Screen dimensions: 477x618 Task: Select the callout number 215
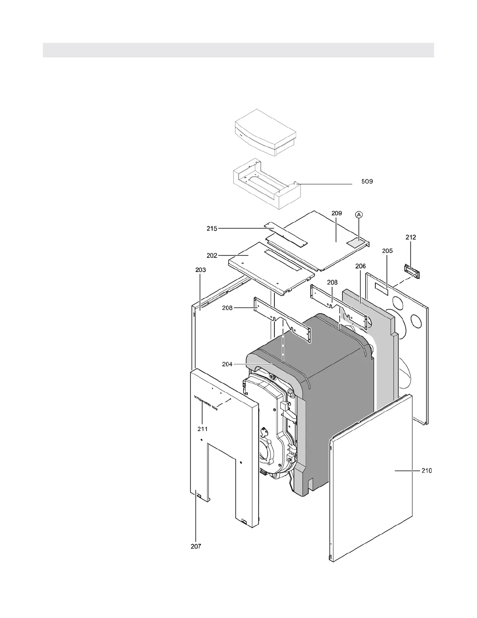click(212, 229)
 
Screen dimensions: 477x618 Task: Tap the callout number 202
click(212, 256)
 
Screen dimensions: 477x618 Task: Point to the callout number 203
click(200, 270)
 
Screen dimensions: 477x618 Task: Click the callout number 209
click(337, 213)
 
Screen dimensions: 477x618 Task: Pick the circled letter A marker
click(359, 214)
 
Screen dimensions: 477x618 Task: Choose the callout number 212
click(411, 237)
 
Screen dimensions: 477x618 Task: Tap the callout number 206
click(360, 266)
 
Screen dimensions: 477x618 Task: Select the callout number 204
click(227, 364)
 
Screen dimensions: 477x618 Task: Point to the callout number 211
click(202, 429)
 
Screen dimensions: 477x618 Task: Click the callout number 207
click(196, 546)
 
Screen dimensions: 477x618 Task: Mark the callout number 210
click(426, 471)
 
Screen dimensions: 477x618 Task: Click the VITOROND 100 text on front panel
click(206, 403)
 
